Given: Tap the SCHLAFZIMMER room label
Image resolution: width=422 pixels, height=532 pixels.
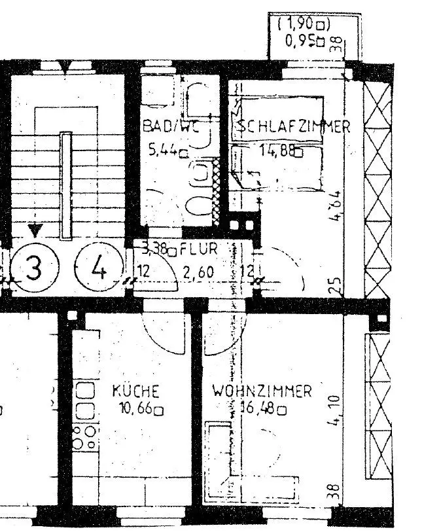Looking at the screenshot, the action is click(x=294, y=127).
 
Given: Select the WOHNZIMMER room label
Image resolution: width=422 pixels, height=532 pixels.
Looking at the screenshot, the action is click(x=262, y=392).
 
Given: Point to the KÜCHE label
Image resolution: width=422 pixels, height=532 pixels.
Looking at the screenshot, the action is click(x=135, y=392).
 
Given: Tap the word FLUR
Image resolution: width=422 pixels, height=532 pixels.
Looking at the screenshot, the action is click(x=205, y=249).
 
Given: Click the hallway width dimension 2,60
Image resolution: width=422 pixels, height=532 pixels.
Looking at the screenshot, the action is click(x=197, y=270).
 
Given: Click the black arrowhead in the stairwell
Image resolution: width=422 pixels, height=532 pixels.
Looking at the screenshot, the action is click(x=35, y=229).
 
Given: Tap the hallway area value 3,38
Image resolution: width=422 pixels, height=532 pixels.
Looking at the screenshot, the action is click(x=156, y=249).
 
